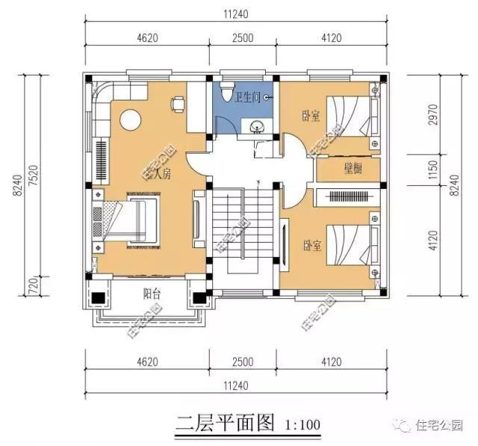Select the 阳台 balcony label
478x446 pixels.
click(x=152, y=294)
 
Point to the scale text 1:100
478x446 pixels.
click(x=302, y=425)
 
